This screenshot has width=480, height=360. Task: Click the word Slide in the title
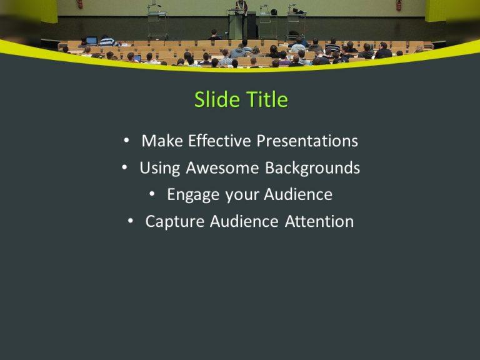tap(212, 100)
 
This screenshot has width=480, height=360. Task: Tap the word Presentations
tap(307, 141)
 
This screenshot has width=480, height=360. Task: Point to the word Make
tap(159, 141)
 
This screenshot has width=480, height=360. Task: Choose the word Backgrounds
tap(312, 168)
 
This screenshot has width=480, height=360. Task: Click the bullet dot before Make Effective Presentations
tap(127, 141)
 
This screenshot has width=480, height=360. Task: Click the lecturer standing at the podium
tap(241, 7)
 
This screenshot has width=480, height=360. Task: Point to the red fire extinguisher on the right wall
tap(399, 5)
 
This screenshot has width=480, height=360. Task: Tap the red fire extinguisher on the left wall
tap(79, 4)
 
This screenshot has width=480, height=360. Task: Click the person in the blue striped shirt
tap(107, 41)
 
